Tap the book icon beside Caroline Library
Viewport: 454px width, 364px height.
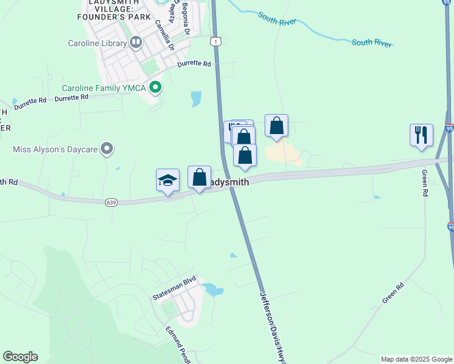136,42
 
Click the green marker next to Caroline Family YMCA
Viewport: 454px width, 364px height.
155,88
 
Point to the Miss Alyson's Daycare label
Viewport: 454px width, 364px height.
55,149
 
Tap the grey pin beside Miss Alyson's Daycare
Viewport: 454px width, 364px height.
107,149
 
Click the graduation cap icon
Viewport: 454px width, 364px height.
168,180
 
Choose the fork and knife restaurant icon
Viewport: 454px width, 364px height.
421,135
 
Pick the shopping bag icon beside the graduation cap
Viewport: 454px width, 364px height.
199,177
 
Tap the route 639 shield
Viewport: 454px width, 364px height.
110,202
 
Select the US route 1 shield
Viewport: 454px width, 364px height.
215,41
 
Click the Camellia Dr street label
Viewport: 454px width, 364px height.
164,35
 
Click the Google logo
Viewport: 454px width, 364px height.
20,357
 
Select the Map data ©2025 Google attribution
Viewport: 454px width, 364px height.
417,359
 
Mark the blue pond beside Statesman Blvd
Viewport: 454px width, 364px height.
213,289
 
